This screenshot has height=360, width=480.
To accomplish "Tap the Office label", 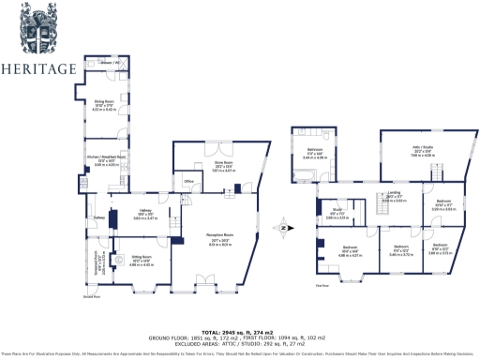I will click(x=188, y=181).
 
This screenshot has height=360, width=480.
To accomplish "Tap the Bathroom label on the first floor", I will click(x=313, y=150).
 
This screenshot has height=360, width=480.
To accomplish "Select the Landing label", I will click(x=392, y=195).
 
